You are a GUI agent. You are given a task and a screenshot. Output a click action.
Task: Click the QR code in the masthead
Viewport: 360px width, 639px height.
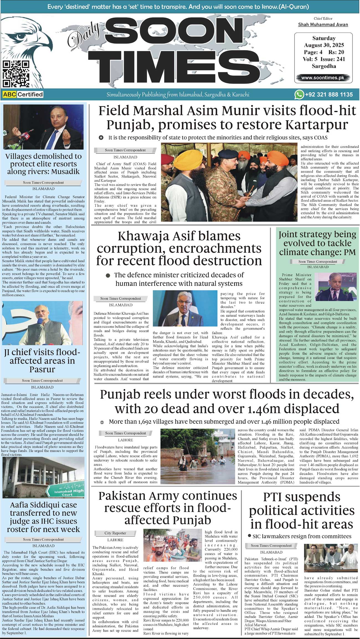coord(16,74)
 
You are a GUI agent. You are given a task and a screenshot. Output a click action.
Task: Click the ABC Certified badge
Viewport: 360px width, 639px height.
coord(23,94)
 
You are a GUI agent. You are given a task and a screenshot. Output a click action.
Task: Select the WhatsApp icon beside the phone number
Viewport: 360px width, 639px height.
coord(299,94)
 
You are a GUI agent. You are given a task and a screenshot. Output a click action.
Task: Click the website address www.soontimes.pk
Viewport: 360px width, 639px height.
coord(323,78)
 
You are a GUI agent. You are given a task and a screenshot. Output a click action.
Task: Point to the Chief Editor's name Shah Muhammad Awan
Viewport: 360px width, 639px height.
coord(323,25)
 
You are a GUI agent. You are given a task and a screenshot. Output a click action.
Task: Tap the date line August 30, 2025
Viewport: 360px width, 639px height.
coord(324,45)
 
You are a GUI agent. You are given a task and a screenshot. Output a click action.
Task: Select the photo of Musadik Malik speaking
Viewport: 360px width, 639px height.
coord(43,127)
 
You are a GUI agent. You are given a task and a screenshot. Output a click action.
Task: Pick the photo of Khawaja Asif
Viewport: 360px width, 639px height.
coord(185,308)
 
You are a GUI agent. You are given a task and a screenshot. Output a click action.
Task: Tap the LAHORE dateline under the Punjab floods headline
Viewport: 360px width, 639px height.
coord(125,440)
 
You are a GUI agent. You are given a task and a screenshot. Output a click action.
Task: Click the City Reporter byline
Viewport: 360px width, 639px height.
coord(115,533)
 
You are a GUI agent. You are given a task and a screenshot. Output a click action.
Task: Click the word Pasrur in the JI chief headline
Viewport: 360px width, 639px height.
coord(42,369)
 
